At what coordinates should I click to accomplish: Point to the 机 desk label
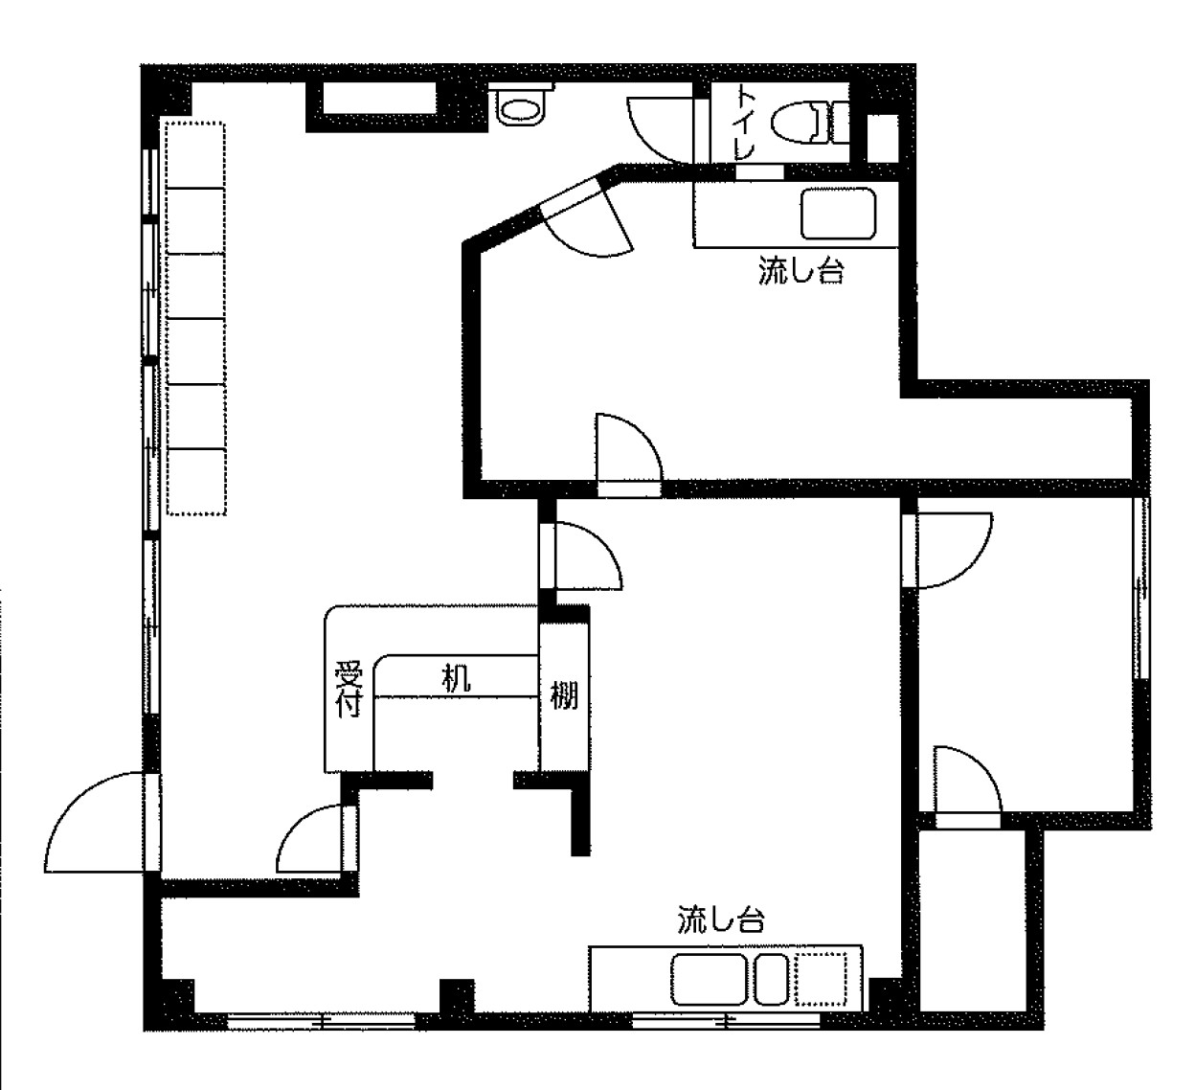(x=456, y=678)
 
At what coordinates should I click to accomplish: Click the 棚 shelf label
(x=564, y=695)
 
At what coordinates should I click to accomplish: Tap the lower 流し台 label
(x=721, y=919)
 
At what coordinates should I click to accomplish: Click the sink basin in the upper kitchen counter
(x=838, y=214)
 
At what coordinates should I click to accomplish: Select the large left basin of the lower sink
(x=709, y=979)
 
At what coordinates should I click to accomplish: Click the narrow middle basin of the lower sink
(x=772, y=979)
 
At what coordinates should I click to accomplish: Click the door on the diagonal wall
(x=587, y=218)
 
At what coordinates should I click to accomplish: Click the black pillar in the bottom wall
(x=457, y=995)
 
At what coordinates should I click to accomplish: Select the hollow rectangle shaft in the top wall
(x=380, y=98)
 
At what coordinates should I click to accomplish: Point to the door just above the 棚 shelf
(x=581, y=556)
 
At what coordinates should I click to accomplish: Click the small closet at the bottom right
(x=972, y=921)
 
